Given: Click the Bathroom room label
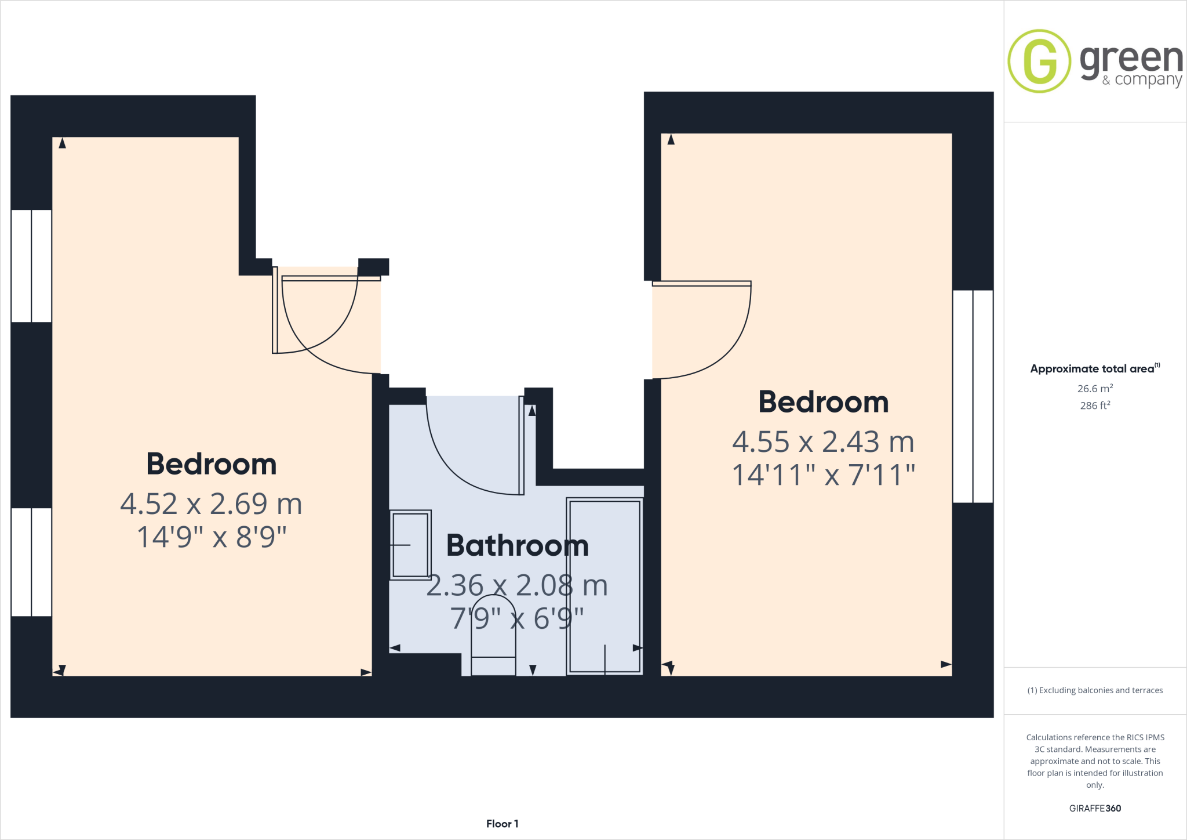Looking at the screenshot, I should click(x=517, y=546).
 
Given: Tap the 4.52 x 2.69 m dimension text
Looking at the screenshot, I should click(x=211, y=504).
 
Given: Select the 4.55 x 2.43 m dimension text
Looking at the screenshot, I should click(x=823, y=442).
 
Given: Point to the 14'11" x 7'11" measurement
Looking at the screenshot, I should click(x=823, y=475).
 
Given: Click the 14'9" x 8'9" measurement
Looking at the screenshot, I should click(x=212, y=537).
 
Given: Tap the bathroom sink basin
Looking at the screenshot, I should click(x=410, y=545).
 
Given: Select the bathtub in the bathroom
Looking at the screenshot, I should click(x=605, y=586).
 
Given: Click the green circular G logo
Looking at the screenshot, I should click(x=1039, y=61).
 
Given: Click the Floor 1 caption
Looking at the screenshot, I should click(x=502, y=824).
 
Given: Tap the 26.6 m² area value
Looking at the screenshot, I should click(x=1095, y=389).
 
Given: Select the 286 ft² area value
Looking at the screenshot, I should click(x=1095, y=405).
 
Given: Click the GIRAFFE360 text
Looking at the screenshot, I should click(x=1095, y=808).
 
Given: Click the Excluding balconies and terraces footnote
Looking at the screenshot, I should click(x=1095, y=690).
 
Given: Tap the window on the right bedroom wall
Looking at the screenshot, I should click(x=973, y=396).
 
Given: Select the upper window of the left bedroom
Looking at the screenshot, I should click(x=31, y=266).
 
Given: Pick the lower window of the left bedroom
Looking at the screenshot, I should click(x=31, y=562).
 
